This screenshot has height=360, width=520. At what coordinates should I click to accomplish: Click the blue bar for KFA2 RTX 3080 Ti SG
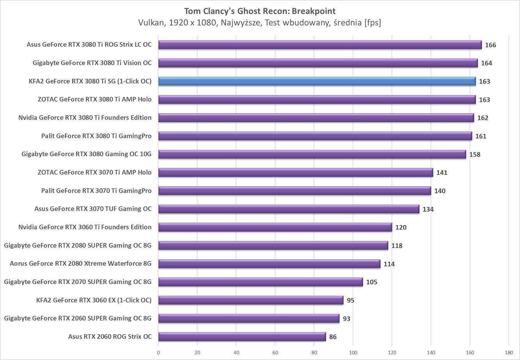(317, 81)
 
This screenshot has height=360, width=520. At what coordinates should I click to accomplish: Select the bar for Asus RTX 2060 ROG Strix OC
(242, 337)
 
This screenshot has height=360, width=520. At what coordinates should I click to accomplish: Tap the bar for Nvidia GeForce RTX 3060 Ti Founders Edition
(275, 227)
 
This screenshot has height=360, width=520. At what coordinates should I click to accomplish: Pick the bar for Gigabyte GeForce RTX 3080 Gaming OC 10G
(312, 154)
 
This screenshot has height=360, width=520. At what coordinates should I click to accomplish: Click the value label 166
(490, 45)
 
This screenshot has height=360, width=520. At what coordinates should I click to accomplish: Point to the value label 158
(475, 155)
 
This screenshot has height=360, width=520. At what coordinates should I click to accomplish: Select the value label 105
(371, 282)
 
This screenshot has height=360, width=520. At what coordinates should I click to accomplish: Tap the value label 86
(333, 337)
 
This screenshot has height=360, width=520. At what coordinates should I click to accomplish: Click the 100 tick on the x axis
(353, 353)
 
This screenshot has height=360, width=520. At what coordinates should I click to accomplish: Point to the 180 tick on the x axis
(508, 353)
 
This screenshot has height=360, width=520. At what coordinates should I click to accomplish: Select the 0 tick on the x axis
(158, 353)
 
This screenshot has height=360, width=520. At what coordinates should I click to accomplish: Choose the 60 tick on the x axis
(275, 353)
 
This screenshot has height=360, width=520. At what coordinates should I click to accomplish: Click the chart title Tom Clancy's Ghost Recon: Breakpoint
(260, 11)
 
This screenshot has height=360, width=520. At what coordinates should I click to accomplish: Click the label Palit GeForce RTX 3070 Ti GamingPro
(96, 191)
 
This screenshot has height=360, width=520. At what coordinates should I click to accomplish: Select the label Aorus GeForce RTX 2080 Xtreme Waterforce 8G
(80, 264)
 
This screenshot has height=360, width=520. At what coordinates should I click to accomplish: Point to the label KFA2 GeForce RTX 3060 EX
(93, 300)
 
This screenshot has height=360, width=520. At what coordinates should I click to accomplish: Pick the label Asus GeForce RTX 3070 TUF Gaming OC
(93, 209)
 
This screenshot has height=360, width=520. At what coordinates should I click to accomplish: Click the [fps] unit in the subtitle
(373, 23)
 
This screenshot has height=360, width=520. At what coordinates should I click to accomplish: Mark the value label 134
(428, 209)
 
